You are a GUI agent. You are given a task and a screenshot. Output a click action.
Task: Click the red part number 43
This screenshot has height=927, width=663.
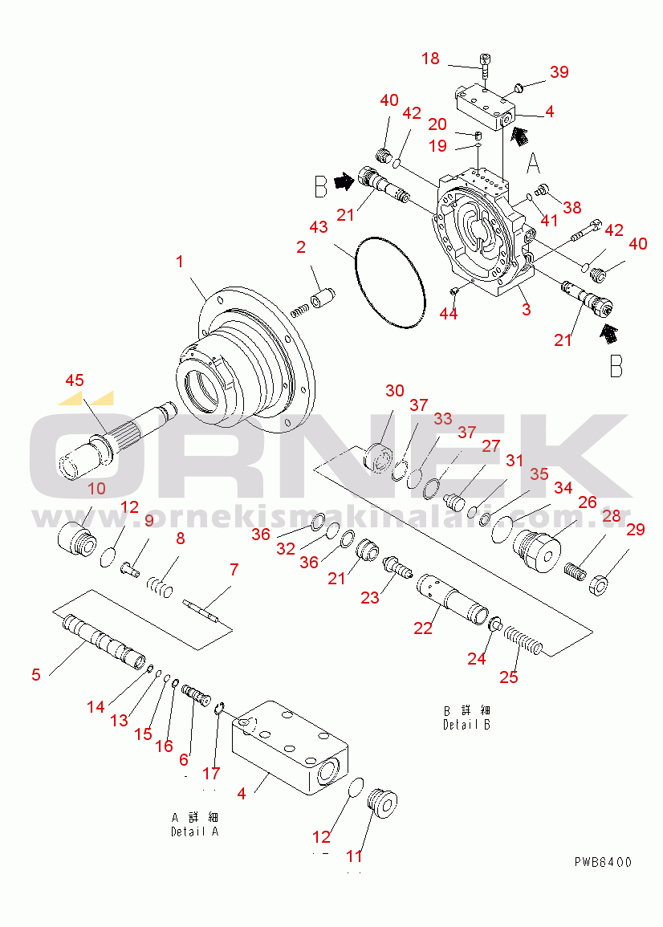click(319, 226)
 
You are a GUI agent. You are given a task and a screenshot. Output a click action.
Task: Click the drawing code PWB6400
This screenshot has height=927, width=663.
click(603, 862)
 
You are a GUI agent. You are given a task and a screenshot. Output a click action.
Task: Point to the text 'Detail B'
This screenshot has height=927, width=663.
click(466, 724)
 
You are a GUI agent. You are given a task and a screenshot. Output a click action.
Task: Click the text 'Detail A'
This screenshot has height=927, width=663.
click(194, 831)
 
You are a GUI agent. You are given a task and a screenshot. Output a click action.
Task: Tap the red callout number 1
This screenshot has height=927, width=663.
click(180, 261)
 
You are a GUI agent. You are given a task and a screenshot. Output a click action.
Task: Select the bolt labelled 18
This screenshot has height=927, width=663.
click(485, 66)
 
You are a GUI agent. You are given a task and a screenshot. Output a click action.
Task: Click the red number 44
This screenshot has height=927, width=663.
click(449, 313)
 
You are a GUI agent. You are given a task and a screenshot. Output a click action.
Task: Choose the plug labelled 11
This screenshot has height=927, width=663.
click(381, 803)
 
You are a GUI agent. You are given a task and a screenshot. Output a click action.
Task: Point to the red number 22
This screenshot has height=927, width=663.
click(423, 628)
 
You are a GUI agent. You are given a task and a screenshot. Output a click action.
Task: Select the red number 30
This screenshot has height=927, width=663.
click(394, 391)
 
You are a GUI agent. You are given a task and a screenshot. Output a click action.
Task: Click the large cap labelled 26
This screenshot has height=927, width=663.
click(536, 550)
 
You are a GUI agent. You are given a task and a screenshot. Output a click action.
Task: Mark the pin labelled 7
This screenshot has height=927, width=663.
click(201, 610)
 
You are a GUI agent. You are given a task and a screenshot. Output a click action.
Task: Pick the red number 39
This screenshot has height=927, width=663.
click(559, 71)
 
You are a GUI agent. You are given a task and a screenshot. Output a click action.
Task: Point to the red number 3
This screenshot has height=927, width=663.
click(526, 309)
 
